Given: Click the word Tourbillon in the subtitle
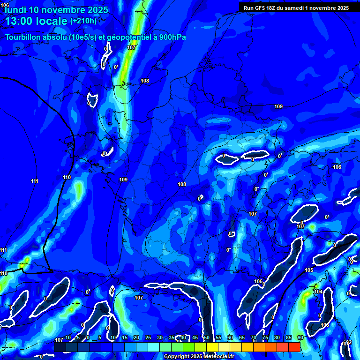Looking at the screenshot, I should pos(23,37).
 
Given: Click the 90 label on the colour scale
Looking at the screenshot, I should pos(300,337).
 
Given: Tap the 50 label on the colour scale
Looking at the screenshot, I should pos(206,337).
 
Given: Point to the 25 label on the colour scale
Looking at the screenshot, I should pos(148,337).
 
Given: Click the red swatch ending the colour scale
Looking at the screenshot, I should pos(294,347).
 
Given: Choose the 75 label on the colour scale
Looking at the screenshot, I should pos(265,337).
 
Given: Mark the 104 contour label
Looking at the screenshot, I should pos(318,292).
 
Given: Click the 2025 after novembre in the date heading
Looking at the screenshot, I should pos(97,10).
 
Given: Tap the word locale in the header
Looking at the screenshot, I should pos(52,21).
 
